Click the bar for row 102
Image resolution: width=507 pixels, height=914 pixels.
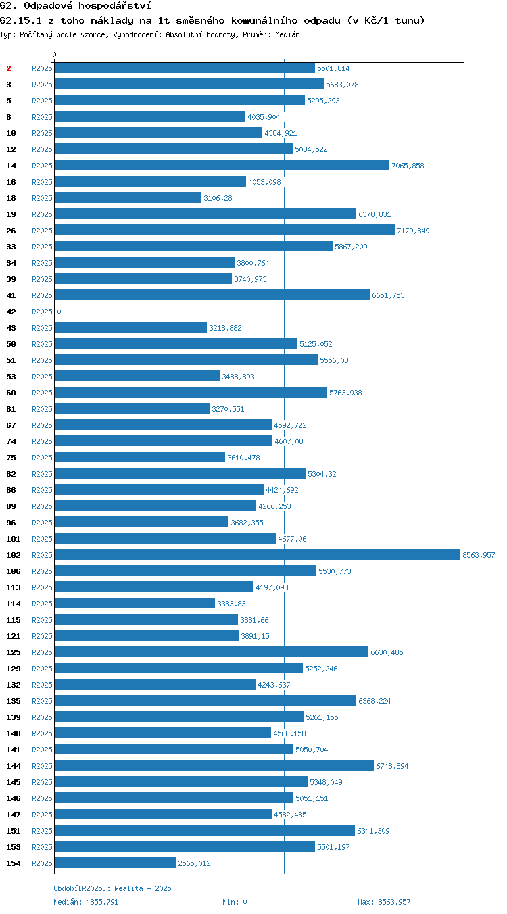coord(258,554)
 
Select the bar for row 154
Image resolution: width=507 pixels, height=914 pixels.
coord(116,863)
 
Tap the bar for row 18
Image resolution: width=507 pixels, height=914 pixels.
coord(128,197)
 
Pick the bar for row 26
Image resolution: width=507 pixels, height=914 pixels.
coord(225,230)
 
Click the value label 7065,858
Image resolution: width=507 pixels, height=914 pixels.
coord(408,166)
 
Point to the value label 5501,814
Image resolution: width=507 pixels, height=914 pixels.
coord(333,68)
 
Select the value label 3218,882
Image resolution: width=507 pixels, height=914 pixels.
coord(225,328)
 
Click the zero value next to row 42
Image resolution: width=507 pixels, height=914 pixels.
coord(59,312)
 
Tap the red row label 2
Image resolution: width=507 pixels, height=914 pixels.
coord(9,68)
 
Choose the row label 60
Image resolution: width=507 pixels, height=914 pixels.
coord(11,393)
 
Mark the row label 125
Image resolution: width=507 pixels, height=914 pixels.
coord(13,652)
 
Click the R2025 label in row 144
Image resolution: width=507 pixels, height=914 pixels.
coord(42,766)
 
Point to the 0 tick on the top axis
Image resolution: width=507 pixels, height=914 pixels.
coord(54,55)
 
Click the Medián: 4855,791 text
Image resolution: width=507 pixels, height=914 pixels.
coord(86,902)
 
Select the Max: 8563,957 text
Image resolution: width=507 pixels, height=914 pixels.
coord(384,902)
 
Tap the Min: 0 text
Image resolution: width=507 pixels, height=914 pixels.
coord(235,902)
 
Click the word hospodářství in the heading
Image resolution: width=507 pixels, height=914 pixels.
coord(115,5)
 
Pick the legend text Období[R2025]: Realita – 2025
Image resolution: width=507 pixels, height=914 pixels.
coord(113,888)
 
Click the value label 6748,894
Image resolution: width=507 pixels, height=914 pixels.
coord(392,766)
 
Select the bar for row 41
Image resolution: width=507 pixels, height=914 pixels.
coord(212,295)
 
